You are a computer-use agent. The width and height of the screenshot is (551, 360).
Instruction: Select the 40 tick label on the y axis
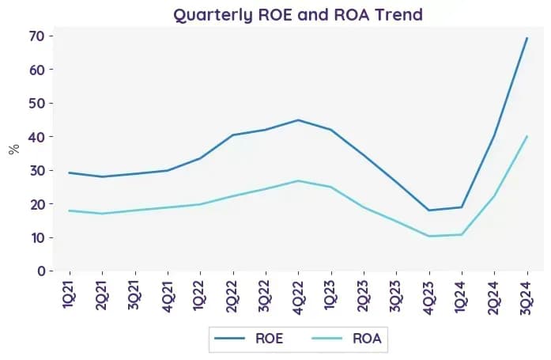[36, 136]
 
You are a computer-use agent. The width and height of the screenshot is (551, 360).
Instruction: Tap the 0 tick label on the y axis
[41, 271]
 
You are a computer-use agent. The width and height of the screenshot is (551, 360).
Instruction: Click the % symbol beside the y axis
[14, 150]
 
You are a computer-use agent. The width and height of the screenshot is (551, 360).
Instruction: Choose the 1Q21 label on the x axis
[69, 294]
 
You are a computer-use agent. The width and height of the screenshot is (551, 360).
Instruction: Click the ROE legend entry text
[269, 339]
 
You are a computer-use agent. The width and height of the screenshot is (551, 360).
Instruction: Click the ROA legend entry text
[367, 339]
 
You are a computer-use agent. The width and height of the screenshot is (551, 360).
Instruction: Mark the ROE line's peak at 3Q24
[526, 38]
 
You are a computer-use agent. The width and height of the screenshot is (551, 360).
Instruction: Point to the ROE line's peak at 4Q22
[298, 120]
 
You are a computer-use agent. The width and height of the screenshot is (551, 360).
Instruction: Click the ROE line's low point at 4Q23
[429, 210]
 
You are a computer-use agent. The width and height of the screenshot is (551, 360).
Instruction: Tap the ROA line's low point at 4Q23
[429, 236]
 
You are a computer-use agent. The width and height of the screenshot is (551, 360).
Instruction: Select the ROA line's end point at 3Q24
[526, 136]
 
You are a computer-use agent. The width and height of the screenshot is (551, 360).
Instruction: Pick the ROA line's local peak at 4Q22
[298, 181]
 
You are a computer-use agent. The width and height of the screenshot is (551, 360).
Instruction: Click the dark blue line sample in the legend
[229, 339]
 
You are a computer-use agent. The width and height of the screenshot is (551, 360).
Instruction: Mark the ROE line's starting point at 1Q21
[70, 172]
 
